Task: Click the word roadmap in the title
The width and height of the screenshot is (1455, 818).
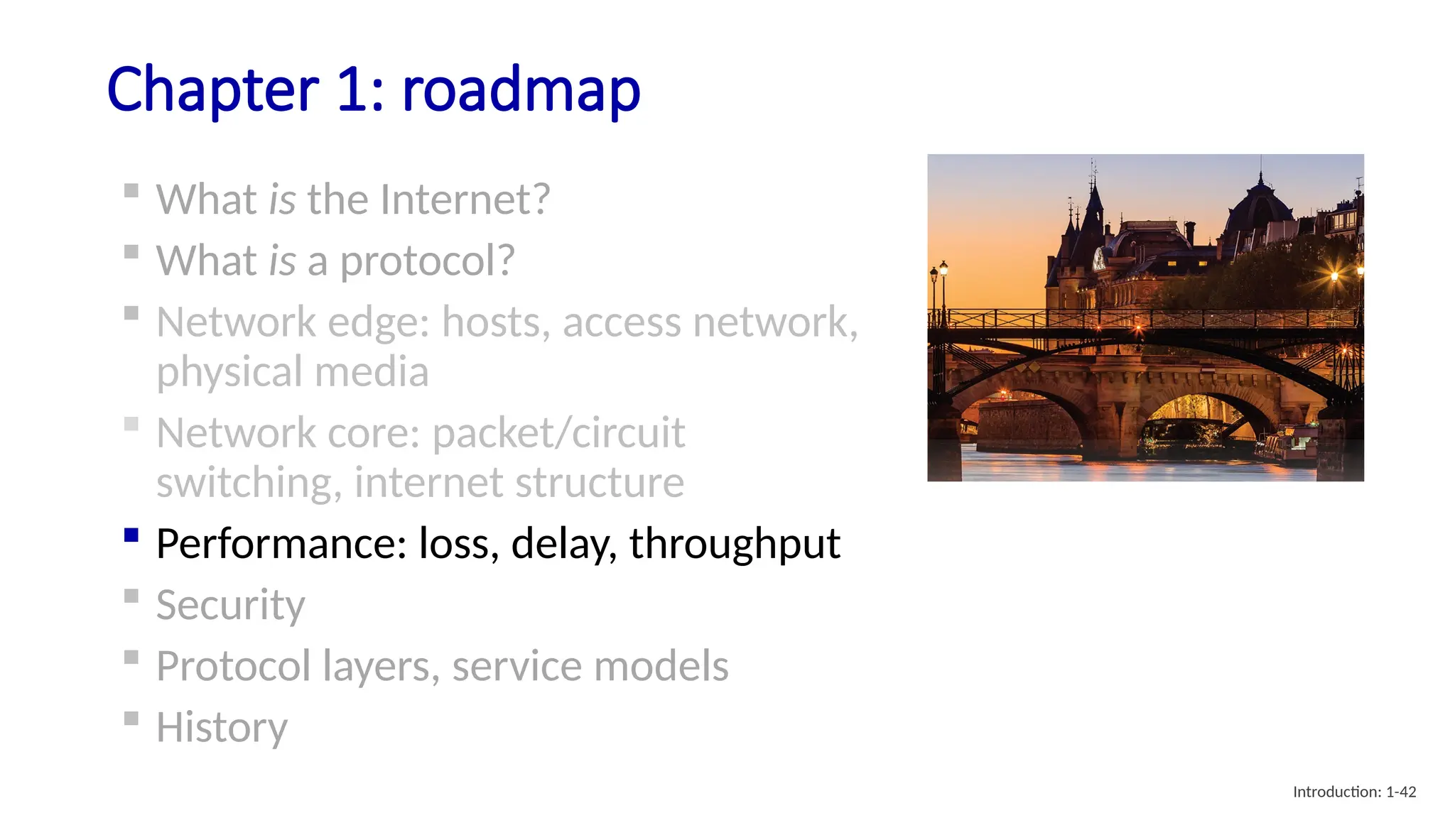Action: [x=521, y=90]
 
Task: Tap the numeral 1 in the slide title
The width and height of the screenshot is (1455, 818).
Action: [x=353, y=90]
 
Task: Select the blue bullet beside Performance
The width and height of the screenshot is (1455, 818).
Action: [x=131, y=535]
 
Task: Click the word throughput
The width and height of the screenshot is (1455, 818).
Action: [x=735, y=545]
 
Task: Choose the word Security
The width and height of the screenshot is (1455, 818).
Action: [x=230, y=606]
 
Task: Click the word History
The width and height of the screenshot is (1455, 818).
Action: [x=222, y=728]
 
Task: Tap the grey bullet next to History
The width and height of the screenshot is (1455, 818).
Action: [x=131, y=718]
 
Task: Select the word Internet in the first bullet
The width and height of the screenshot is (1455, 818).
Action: [x=465, y=200]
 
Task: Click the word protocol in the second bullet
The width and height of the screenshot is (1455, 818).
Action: [x=426, y=261]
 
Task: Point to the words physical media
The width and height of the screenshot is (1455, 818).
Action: [x=292, y=372]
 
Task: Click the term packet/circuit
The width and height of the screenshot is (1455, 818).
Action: [x=558, y=433]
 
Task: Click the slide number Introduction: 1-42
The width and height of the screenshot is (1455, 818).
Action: [x=1354, y=792]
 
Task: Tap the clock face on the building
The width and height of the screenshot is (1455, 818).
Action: [x=1098, y=258]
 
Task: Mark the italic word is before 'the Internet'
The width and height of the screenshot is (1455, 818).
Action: [x=281, y=200]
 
